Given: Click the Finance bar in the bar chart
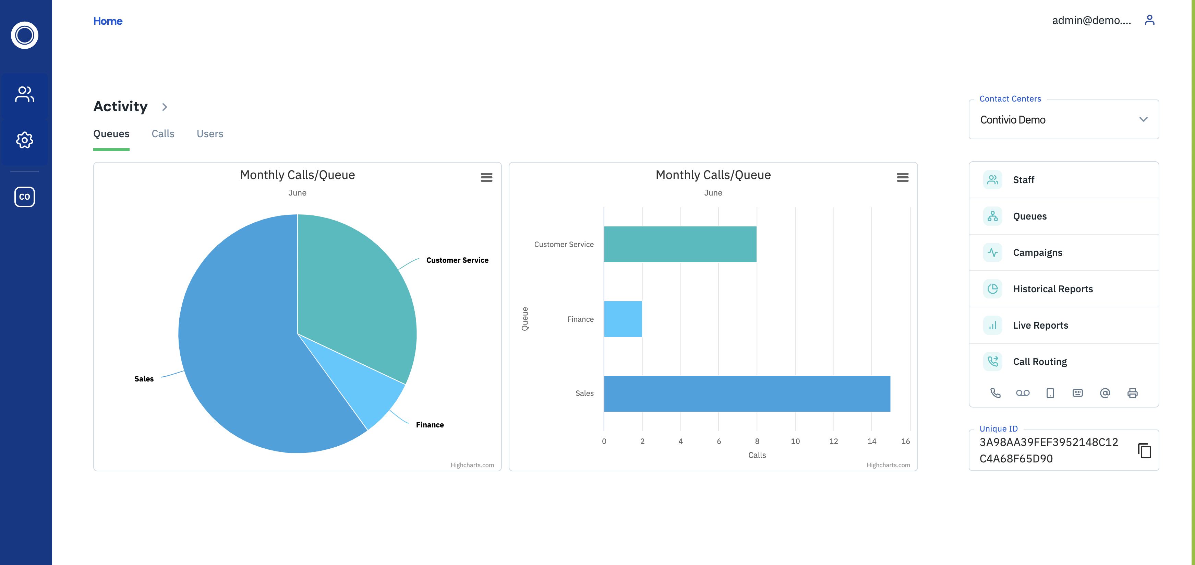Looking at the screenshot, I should click(x=623, y=319).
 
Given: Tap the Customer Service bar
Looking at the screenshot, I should click(x=680, y=244).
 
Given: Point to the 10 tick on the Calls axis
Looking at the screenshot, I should click(x=795, y=441).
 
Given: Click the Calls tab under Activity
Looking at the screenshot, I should click(x=163, y=134).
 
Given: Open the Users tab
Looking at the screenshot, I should click(x=210, y=134).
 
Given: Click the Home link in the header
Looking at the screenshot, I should click(x=108, y=21).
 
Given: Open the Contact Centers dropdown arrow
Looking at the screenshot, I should click(x=1143, y=119).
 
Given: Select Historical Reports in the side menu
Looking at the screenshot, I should click(x=1053, y=289).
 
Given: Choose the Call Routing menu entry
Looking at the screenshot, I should click(x=1040, y=362).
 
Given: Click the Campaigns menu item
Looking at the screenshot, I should click(x=1037, y=252).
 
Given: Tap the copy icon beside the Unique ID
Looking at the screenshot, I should click(x=1144, y=450).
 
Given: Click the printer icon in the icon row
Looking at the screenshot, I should click(x=1132, y=393).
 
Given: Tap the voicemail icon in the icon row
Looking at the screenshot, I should click(x=1023, y=393).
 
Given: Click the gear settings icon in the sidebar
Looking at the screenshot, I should click(x=25, y=140).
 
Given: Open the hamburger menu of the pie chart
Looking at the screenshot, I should click(x=486, y=177).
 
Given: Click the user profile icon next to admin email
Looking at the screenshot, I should click(x=1149, y=20).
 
